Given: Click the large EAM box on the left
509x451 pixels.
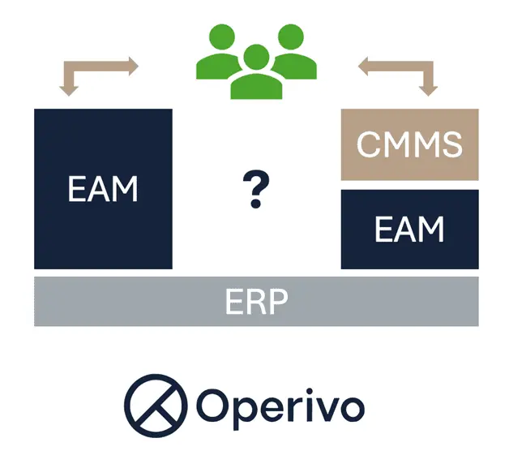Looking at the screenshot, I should click(103, 188).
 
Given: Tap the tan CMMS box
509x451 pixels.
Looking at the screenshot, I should click(409, 145).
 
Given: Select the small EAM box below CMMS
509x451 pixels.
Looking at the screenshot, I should click(409, 230).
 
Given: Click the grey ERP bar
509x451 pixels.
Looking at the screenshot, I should click(256, 301).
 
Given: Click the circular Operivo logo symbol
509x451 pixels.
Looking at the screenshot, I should click(153, 403).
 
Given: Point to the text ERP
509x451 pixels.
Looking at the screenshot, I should click(256, 301).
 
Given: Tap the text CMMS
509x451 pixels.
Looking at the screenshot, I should click(409, 145).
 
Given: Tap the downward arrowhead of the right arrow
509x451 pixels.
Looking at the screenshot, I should click(429, 88).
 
